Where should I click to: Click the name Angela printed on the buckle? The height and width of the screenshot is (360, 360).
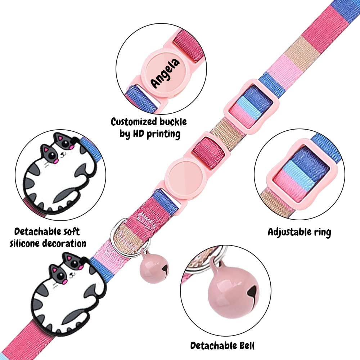tap(165, 73)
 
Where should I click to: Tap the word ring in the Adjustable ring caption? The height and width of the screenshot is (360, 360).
tap(322, 233)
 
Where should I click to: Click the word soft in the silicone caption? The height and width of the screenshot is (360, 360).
tap(71, 231)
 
